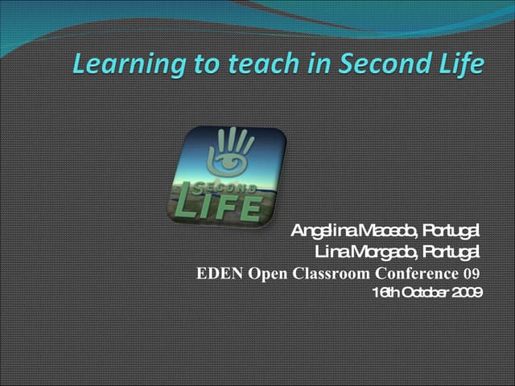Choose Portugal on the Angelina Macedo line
coord(451,232)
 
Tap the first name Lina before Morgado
coord(330,253)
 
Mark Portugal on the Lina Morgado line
coord(451,253)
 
